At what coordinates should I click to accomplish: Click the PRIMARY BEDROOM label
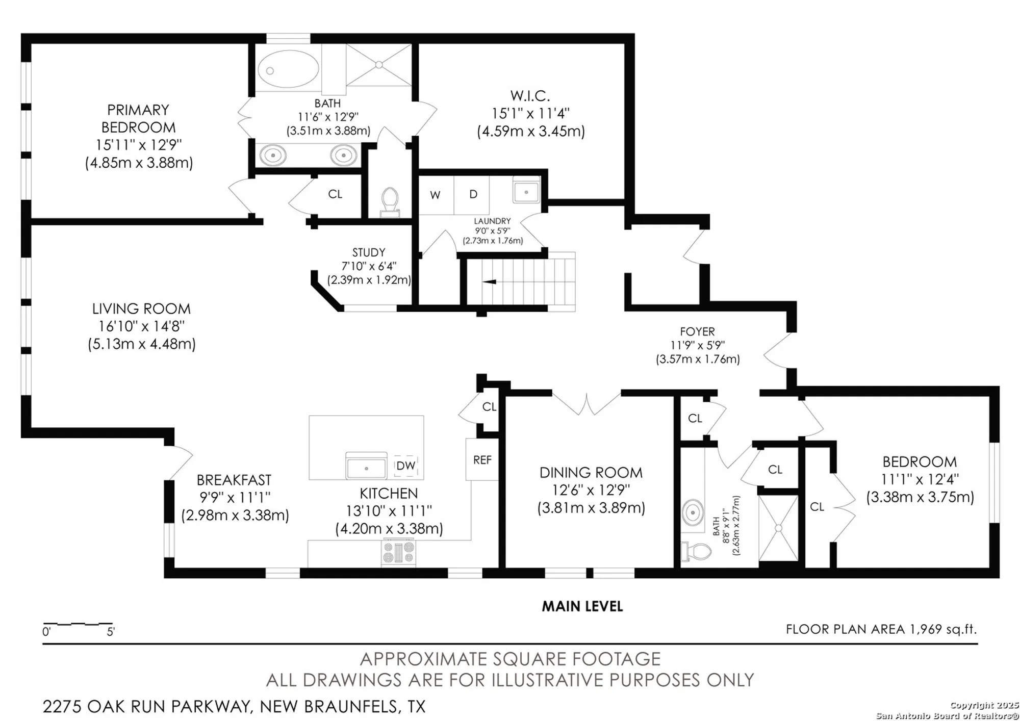pyautogui.click(x=138, y=118)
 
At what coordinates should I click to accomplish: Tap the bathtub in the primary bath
pyautogui.click(x=288, y=69)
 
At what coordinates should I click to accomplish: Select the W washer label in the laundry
pyautogui.click(x=435, y=195)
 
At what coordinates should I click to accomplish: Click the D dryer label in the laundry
pyautogui.click(x=473, y=194)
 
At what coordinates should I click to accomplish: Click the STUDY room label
pyautogui.click(x=368, y=252)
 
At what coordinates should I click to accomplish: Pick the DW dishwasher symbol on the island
pyautogui.click(x=405, y=466)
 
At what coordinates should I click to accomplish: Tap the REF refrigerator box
pyautogui.click(x=482, y=459)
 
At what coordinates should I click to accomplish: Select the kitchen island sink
pyautogui.click(x=366, y=466)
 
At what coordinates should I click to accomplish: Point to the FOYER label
pyautogui.click(x=697, y=331)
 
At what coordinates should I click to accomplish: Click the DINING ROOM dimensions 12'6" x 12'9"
pyautogui.click(x=591, y=490)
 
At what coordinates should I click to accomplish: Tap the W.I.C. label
pyautogui.click(x=530, y=96)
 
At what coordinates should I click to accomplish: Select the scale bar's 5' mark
pyautogui.click(x=111, y=631)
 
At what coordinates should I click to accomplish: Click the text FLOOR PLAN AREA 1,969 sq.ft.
pyautogui.click(x=881, y=629)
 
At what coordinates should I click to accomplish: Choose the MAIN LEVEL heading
pyautogui.click(x=582, y=606)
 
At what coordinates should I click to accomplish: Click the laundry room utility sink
pyautogui.click(x=526, y=192)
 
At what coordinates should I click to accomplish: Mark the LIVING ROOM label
pyautogui.click(x=141, y=308)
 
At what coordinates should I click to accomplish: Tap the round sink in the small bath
pyautogui.click(x=693, y=512)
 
